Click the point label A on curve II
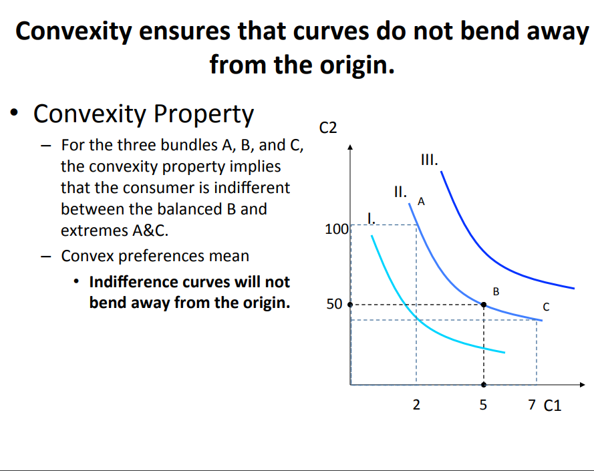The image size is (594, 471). tap(421, 200)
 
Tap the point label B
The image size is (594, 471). tap(495, 291)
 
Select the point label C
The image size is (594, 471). tap(546, 308)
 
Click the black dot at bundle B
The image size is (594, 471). tap(484, 305)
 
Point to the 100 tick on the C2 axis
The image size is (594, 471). tap(335, 230)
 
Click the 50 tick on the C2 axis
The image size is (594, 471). tap(334, 305)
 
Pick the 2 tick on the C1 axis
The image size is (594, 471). tap(416, 405)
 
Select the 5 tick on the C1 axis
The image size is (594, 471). tap(484, 405)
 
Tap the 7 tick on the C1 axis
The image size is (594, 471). tap(531, 405)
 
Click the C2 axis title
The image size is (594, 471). tap(329, 127)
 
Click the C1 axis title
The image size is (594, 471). tap(553, 406)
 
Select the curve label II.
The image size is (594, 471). tap(400, 191)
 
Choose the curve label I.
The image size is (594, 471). tap(372, 216)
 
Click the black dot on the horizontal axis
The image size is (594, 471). tap(484, 385)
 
